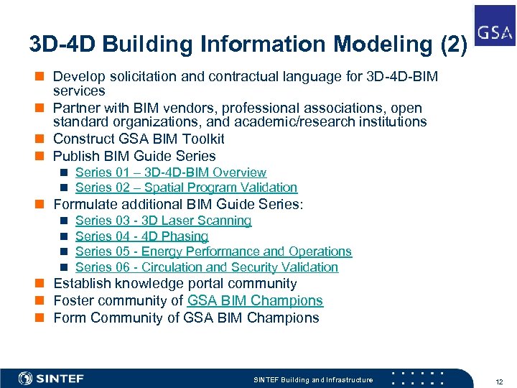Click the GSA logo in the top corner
coord(495,25)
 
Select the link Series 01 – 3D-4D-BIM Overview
coord(170,172)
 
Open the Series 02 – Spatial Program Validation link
coord(186,188)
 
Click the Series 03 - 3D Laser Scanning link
coord(163,221)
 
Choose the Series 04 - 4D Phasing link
coord(141,236)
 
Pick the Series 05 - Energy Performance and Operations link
coord(213,251)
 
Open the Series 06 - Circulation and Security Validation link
coord(206,267)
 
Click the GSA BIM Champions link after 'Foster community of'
coord(255,300)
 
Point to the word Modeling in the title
coord(373,44)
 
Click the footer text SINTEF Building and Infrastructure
coord(314,379)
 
